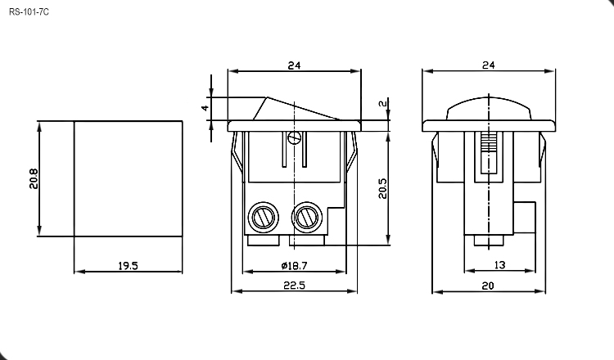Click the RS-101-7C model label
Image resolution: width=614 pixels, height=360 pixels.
tap(29, 12)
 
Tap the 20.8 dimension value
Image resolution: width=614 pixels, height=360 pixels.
tap(34, 179)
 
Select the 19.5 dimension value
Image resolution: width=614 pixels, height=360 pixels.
tap(128, 266)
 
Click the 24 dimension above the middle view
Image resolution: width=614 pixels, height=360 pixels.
tap(294, 65)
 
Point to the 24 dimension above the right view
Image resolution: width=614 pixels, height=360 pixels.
tap(488, 65)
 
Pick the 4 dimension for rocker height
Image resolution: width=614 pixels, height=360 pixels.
tap(205, 108)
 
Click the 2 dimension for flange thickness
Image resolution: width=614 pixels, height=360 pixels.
tap(383, 104)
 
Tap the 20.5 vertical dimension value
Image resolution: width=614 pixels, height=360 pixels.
tap(382, 188)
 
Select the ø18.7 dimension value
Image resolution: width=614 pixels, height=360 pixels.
tap(294, 266)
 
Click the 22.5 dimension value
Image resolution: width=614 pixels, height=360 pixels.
tap(294, 286)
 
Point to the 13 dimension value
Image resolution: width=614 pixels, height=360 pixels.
tap(499, 265)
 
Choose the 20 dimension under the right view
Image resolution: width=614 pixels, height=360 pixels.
tap(488, 286)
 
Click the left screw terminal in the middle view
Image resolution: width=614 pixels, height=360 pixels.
tap(264, 217)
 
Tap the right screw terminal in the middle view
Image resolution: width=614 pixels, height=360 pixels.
tap(307, 217)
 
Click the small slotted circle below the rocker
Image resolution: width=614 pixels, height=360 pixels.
tap(294, 137)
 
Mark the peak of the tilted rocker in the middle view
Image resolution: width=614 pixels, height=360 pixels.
tap(268, 97)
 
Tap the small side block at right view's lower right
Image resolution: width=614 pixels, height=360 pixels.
tap(524, 217)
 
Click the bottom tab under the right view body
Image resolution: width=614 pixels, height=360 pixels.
tap(489, 241)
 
